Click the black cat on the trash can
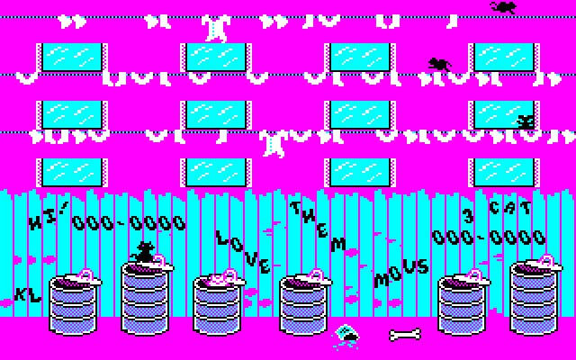click(143, 252)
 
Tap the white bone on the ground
click(405, 335)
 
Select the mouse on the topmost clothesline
click(503, 7)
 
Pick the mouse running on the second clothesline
click(439, 65)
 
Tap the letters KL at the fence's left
click(28, 294)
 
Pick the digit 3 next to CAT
click(467, 216)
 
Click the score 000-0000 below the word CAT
click(488, 238)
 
